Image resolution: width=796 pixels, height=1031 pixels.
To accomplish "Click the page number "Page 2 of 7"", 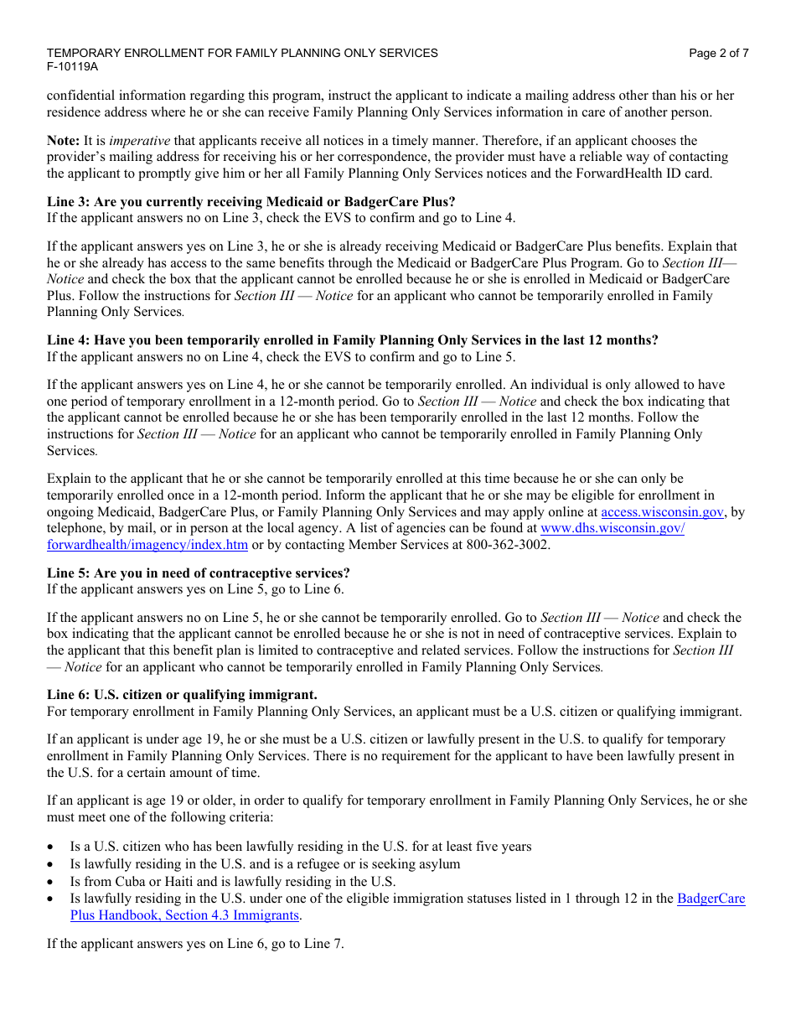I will pyautogui.click(x=718, y=53).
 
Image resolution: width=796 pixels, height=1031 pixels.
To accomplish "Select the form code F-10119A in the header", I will pyautogui.click(x=72, y=67).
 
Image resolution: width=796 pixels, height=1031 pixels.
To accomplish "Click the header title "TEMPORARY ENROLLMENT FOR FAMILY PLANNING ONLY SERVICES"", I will pyautogui.click(x=242, y=53).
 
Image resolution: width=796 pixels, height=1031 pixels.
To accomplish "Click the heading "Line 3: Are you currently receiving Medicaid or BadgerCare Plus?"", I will pyautogui.click(x=251, y=201).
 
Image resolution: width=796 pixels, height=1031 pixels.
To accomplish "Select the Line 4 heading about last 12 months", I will pyautogui.click(x=352, y=340).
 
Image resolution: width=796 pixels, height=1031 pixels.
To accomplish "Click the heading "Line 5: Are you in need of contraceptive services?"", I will pyautogui.click(x=199, y=573).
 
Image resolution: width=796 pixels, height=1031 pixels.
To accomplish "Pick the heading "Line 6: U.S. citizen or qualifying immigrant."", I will pyautogui.click(x=182, y=695).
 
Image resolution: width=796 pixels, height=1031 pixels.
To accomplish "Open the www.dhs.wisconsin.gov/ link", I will pyautogui.click(x=613, y=529).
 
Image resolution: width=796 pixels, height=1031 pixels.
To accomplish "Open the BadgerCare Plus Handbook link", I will pyautogui.click(x=711, y=899).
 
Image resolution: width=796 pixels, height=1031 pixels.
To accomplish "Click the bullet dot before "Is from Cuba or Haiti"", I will pyautogui.click(x=52, y=882).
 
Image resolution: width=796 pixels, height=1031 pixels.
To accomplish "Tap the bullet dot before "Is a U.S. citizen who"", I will pyautogui.click(x=52, y=847).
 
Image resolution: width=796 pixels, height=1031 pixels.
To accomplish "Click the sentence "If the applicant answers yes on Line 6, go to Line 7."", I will pyautogui.click(x=195, y=943).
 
